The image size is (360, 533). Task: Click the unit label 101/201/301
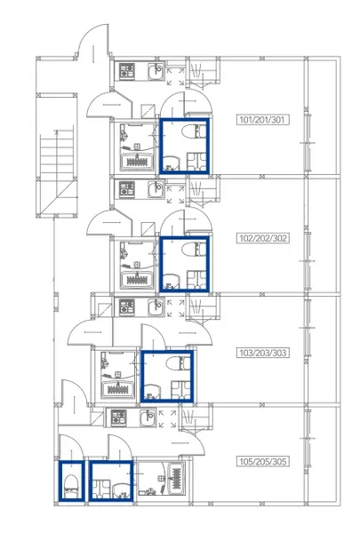[262, 120]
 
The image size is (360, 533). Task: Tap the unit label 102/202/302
[263, 238]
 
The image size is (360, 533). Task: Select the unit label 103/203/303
[263, 353]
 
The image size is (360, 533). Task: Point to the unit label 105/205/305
[263, 461]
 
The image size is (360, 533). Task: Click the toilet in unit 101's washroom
[194, 131]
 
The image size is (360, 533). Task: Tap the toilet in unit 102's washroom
[194, 250]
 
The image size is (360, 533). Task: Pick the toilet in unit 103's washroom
[179, 363]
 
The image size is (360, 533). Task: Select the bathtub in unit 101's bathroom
[137, 162]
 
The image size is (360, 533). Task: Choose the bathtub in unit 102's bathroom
[137, 280]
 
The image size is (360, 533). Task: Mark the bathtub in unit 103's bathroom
[118, 390]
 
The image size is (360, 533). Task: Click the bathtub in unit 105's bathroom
[176, 479]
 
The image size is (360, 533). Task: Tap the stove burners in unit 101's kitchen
[127, 71]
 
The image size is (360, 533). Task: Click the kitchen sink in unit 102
[156, 189]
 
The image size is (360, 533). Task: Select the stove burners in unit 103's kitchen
[127, 306]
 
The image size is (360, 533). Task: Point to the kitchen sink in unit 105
[148, 418]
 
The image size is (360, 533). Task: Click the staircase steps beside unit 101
[57, 155]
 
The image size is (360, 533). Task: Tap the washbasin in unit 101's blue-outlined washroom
[171, 163]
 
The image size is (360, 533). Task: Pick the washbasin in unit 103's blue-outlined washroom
[152, 392]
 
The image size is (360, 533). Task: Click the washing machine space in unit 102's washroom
[196, 280]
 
